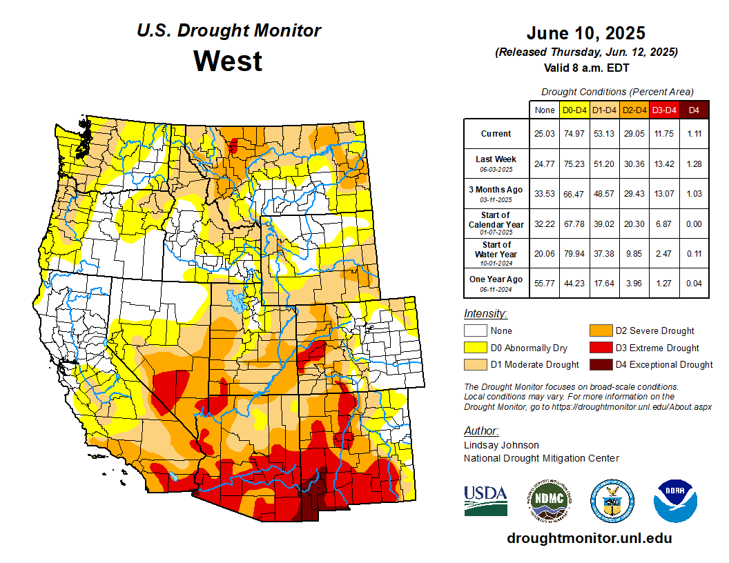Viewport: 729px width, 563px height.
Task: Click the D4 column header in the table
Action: click(694, 110)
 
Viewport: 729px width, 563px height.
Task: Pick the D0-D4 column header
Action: click(574, 110)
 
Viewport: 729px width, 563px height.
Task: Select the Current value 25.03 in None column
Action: click(545, 134)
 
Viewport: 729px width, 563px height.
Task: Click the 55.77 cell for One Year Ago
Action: click(545, 283)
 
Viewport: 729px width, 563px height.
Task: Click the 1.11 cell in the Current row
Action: click(694, 134)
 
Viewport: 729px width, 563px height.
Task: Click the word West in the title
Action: click(228, 61)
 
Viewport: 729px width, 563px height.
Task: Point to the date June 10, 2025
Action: click(585, 33)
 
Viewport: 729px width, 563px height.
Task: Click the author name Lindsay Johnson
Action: click(501, 445)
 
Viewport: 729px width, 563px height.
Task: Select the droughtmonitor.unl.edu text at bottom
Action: click(589, 538)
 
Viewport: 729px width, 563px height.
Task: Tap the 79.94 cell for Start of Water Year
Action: click(574, 253)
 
